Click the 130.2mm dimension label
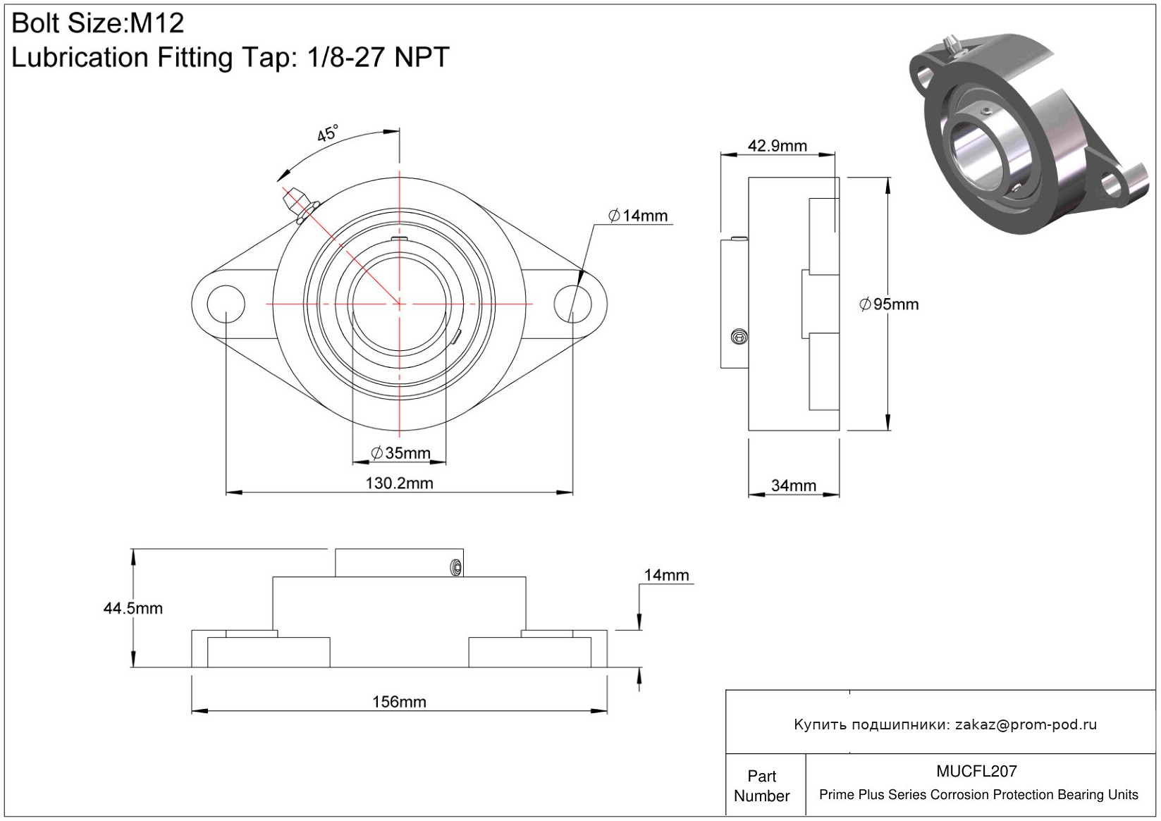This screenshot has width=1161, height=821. (x=399, y=483)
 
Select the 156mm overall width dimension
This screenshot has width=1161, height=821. (x=399, y=702)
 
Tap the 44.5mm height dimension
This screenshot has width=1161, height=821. (x=133, y=608)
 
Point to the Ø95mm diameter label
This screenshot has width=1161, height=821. (x=889, y=304)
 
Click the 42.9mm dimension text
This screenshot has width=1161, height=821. (x=778, y=146)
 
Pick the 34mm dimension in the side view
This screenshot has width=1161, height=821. (x=794, y=486)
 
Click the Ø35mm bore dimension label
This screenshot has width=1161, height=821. (x=400, y=453)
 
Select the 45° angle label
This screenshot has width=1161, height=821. (x=328, y=133)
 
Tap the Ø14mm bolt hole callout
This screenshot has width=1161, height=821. (x=638, y=216)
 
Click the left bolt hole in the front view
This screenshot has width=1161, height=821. (x=226, y=304)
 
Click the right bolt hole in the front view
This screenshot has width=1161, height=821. (x=572, y=304)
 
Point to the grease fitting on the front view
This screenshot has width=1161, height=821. (x=299, y=205)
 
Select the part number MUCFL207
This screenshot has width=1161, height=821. (x=976, y=772)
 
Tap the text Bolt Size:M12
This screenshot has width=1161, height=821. (x=97, y=23)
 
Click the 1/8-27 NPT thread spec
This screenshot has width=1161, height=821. (x=378, y=57)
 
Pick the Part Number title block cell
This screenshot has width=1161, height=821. (x=762, y=786)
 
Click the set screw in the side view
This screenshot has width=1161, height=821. (x=739, y=337)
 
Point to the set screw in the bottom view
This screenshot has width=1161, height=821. (x=456, y=567)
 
